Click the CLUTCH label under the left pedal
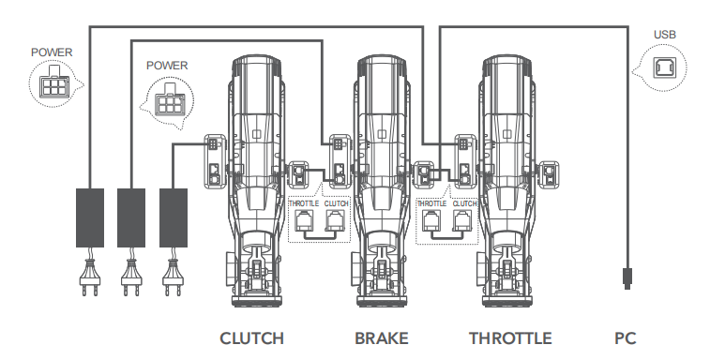[251, 338]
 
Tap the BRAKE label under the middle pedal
[382, 338]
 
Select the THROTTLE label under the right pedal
[510, 338]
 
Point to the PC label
[626, 338]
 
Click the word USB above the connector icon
[665, 35]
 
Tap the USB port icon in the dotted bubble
[665, 67]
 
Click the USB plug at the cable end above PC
[627, 278]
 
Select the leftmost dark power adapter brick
[90, 217]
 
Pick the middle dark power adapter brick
[131, 217]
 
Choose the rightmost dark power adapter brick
[174, 217]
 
